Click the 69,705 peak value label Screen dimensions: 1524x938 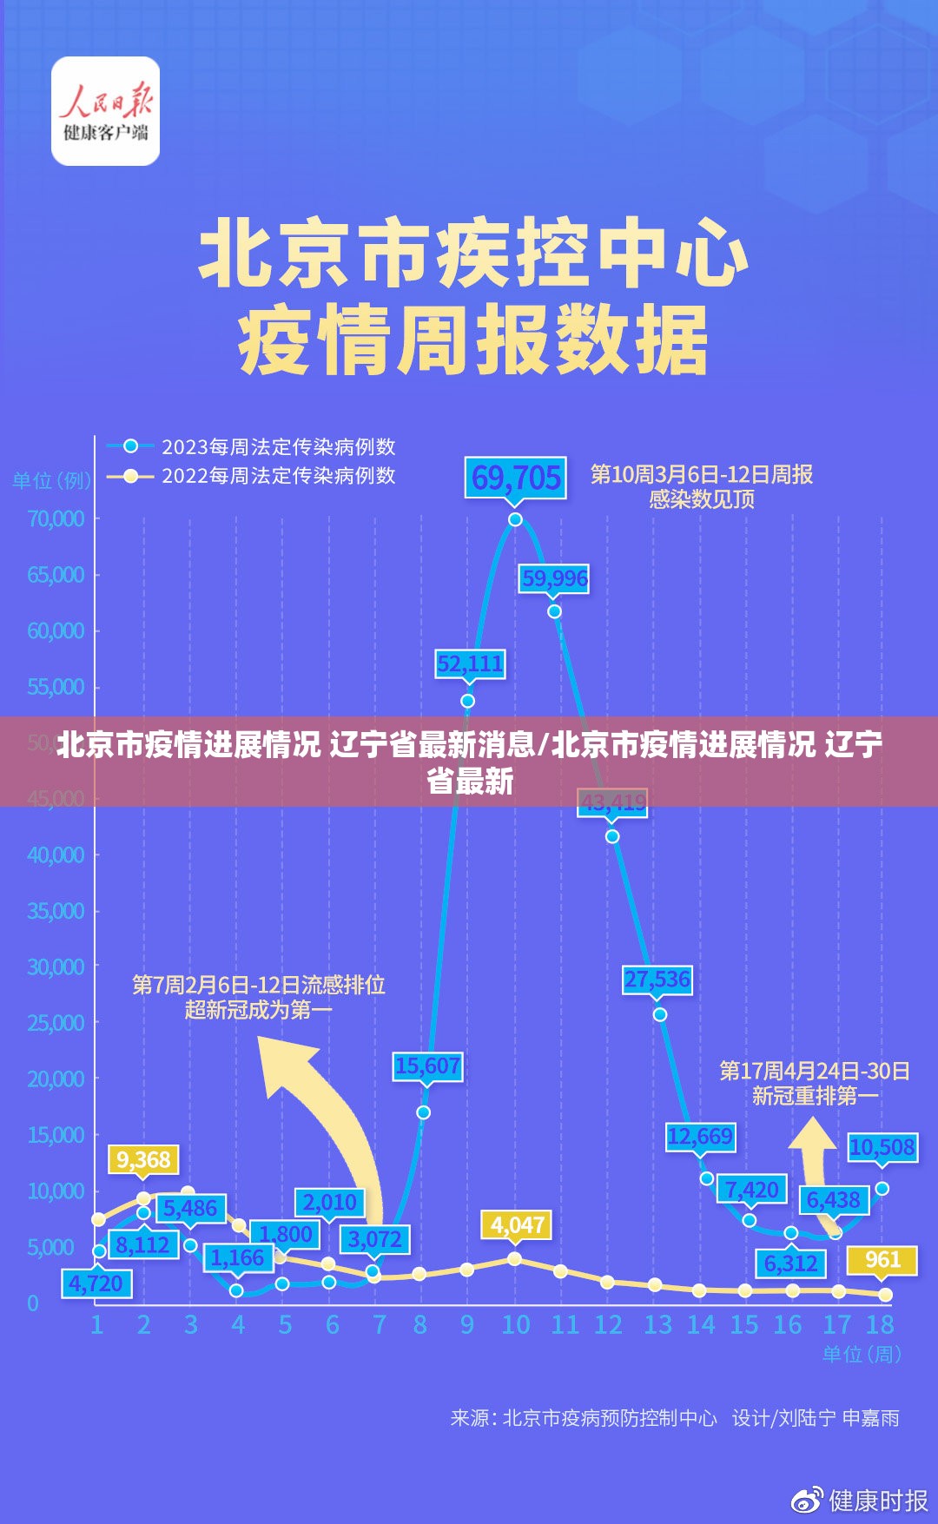point(516,478)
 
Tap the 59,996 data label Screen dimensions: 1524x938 point(554,578)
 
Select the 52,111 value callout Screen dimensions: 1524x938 point(470,664)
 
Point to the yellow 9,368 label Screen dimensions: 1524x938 point(143,1159)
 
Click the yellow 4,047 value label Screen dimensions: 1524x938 point(517,1225)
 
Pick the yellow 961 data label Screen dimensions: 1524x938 point(882,1259)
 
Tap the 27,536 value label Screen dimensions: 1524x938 point(657,980)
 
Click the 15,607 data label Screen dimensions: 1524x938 point(427,1065)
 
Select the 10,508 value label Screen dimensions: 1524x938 point(882,1147)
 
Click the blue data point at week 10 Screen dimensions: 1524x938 point(515,519)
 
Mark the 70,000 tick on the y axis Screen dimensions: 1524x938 point(56,518)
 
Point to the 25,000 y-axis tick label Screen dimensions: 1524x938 point(56,1023)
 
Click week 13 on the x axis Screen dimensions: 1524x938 point(657,1325)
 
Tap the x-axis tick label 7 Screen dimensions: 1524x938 point(379,1325)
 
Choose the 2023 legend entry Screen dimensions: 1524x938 point(252,446)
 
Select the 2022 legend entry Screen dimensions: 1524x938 point(252,476)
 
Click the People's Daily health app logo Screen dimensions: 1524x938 point(106,111)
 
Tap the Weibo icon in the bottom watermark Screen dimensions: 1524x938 point(807,1500)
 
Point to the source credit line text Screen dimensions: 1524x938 point(674,1418)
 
